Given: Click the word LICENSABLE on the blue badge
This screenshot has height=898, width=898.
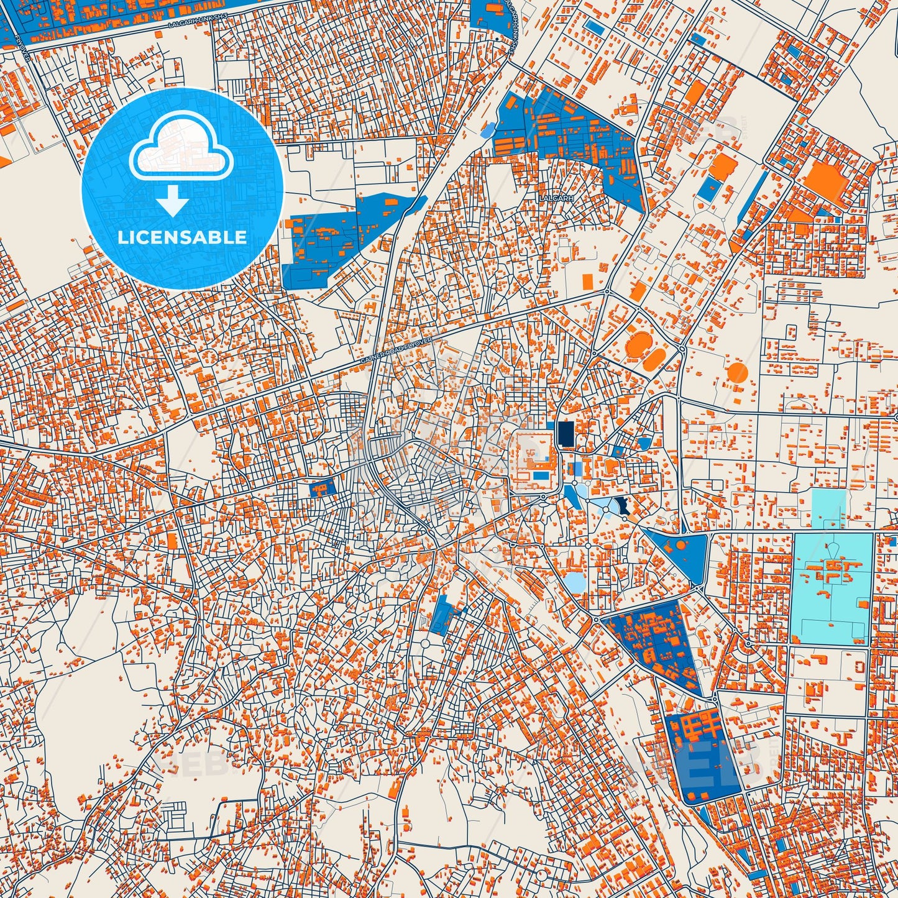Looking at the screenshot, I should pos(182,237).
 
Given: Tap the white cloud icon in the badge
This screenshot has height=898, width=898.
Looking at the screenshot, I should pos(181,149).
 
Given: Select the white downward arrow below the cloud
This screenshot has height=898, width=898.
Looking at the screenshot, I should pos(172,201).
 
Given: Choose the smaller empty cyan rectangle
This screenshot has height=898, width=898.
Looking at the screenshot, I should pos(829,508).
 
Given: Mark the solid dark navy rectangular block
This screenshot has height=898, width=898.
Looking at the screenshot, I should pos(566,434).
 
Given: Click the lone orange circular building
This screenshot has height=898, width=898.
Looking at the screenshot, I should pos(737,373).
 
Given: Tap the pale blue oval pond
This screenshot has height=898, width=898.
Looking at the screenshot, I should pos(574,582).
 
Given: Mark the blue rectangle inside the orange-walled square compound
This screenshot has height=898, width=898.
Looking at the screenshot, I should pos(541,475).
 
